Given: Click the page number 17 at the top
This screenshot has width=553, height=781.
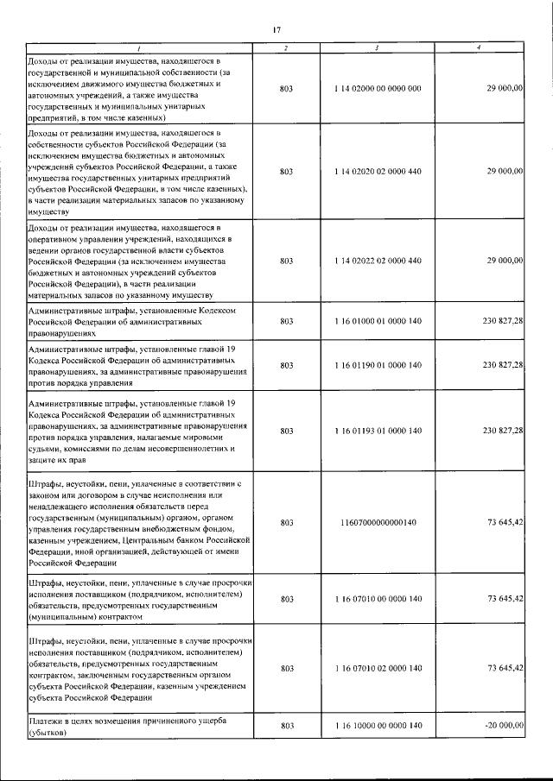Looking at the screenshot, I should pyautogui.click(x=276, y=30).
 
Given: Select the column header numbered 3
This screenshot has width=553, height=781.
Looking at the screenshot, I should pyautogui.click(x=378, y=47).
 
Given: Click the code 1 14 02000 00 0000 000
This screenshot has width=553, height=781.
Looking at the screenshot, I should pyautogui.click(x=378, y=89).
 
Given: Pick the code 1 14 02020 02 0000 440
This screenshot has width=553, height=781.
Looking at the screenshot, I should pyautogui.click(x=378, y=172).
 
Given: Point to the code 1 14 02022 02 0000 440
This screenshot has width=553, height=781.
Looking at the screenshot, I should pyautogui.click(x=378, y=260).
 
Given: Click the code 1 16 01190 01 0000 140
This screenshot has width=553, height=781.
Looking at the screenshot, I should pyautogui.click(x=378, y=366).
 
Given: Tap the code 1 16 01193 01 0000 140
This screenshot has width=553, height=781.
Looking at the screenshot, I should pyautogui.click(x=378, y=430).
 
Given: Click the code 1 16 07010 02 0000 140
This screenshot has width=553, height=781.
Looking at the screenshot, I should pyautogui.click(x=378, y=669).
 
